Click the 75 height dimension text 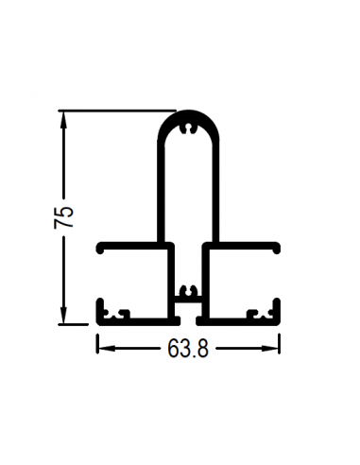[x=63, y=217]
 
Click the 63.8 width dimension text [x=188, y=349]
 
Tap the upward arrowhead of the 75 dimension [x=64, y=119]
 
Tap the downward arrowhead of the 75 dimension [x=64, y=316]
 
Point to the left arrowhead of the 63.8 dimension [x=105, y=348]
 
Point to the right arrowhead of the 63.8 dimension [x=270, y=348]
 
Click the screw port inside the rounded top [x=188, y=129]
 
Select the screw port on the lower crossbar [x=188, y=290]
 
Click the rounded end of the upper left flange [x=100, y=248]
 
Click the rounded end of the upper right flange [x=276, y=248]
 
